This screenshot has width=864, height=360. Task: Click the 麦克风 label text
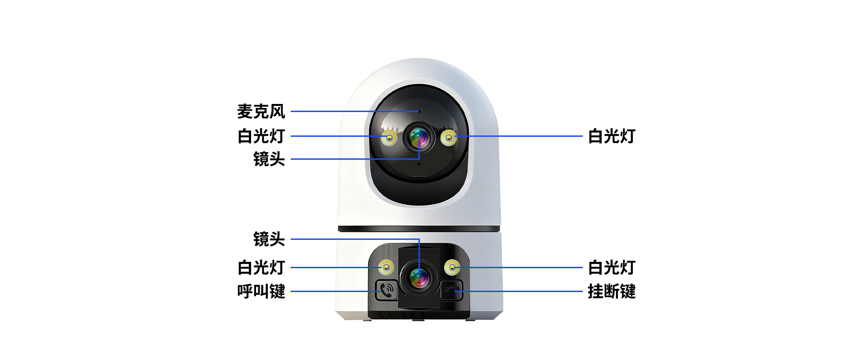pos(261,112)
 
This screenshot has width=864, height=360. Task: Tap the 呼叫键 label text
pos(261,291)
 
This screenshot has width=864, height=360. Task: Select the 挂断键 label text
pos(611,291)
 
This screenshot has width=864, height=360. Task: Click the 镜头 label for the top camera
pos(269,159)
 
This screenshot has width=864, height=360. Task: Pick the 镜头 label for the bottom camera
pos(269,239)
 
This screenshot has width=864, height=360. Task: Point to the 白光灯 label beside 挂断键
pos(611,267)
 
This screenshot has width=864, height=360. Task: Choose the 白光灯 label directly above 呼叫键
pos(261,267)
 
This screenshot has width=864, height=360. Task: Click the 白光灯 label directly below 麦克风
pos(261,136)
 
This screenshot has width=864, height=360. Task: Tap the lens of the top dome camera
pos(419,137)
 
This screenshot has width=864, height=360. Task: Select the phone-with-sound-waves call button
pos(386,290)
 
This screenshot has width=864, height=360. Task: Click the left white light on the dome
pos(389,138)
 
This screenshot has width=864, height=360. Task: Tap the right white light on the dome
pos(449,137)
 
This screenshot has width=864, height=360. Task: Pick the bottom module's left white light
pos(386,267)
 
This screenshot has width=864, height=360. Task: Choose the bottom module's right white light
pos(452,267)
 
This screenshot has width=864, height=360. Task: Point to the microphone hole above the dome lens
pos(419,111)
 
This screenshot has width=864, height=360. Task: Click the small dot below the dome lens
pos(419,164)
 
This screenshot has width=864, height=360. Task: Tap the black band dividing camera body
pos(419,229)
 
